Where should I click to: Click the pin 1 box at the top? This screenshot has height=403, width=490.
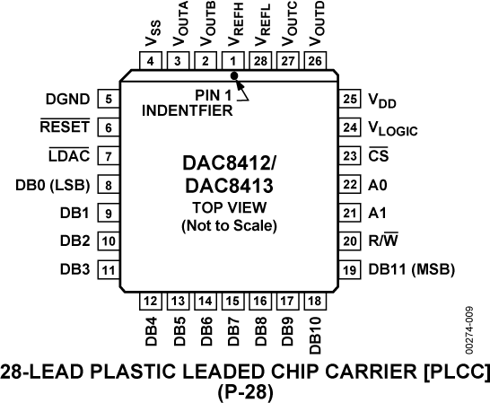coord(234,61)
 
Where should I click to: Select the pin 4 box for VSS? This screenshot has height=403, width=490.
coord(150,61)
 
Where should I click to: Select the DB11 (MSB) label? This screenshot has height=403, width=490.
coord(411,268)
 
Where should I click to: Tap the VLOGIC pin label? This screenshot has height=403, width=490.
coord(393,128)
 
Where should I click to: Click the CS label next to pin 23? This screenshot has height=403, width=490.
coord(377,156)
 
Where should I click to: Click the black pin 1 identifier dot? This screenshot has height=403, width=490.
coord(235,78)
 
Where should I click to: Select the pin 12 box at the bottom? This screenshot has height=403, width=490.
coord(150,302)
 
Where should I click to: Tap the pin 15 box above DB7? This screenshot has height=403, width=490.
coord(234,302)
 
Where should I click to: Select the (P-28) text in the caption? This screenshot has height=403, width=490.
coord(235,391)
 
